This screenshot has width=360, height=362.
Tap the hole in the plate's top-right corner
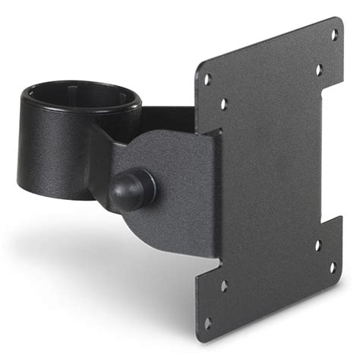pos(333,35)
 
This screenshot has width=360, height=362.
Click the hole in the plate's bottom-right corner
pos(333,268)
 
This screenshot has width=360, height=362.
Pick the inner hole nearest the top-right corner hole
pos(319,69)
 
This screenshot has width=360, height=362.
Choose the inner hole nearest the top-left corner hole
pos(223,103)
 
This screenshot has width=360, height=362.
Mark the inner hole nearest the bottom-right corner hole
pos(318,245)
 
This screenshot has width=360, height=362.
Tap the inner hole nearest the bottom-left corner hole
pos(223,286)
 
